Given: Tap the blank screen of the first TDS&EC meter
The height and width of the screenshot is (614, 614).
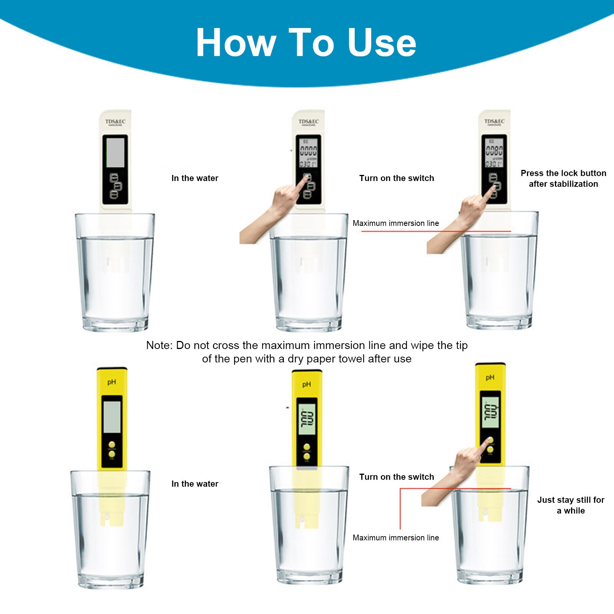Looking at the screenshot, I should click(115, 153).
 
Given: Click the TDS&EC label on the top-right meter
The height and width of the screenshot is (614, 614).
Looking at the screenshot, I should click(494, 122).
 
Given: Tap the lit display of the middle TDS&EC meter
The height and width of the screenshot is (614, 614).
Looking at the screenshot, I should click(308, 153).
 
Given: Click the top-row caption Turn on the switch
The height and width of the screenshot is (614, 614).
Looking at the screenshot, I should click(396, 178).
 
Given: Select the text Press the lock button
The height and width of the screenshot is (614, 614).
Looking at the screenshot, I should click(563, 173).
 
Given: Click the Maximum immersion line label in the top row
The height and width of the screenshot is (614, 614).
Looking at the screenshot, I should click(395, 223).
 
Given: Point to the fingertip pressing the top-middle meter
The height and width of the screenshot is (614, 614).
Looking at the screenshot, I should click(306, 179).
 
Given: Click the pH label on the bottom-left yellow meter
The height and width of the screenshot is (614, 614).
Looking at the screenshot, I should click(112, 382).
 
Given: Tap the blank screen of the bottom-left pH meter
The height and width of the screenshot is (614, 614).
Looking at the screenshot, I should click(112, 417).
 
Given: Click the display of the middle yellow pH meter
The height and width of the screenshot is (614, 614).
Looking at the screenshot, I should click(307, 420).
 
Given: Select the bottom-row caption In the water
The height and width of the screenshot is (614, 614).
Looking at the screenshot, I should click(194, 484).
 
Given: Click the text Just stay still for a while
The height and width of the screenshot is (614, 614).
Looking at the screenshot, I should click(570, 505).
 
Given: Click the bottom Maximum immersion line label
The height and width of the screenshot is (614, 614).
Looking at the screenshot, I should click(395, 538).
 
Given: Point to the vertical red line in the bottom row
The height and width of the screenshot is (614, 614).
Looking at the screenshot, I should click(400, 508).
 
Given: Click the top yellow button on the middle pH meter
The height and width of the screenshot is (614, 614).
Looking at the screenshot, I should click(306, 447).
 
